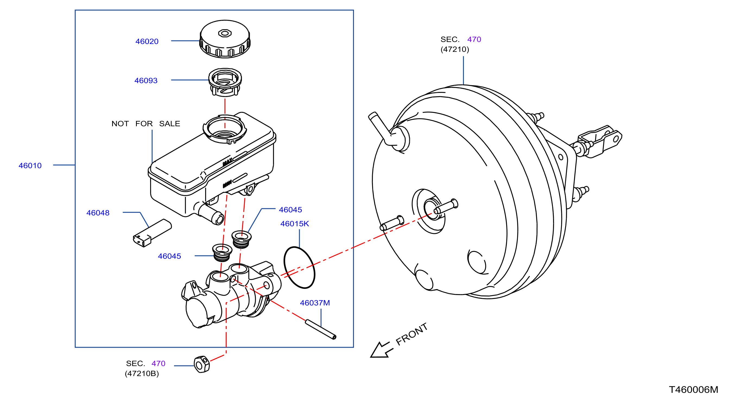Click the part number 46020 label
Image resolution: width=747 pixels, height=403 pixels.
(147, 42)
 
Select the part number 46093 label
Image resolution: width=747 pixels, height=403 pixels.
(146, 81)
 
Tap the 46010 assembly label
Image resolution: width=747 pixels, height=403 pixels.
(30, 166)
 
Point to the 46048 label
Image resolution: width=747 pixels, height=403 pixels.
(98, 213)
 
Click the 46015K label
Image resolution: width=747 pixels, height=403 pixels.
(295, 224)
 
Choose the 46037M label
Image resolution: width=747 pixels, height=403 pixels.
(315, 303)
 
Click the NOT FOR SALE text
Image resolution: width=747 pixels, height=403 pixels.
(146, 124)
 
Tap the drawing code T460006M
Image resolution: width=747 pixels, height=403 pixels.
(694, 390)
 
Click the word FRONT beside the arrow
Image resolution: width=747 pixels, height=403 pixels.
(412, 334)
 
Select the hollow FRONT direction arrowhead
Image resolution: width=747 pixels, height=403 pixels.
(380, 351)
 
